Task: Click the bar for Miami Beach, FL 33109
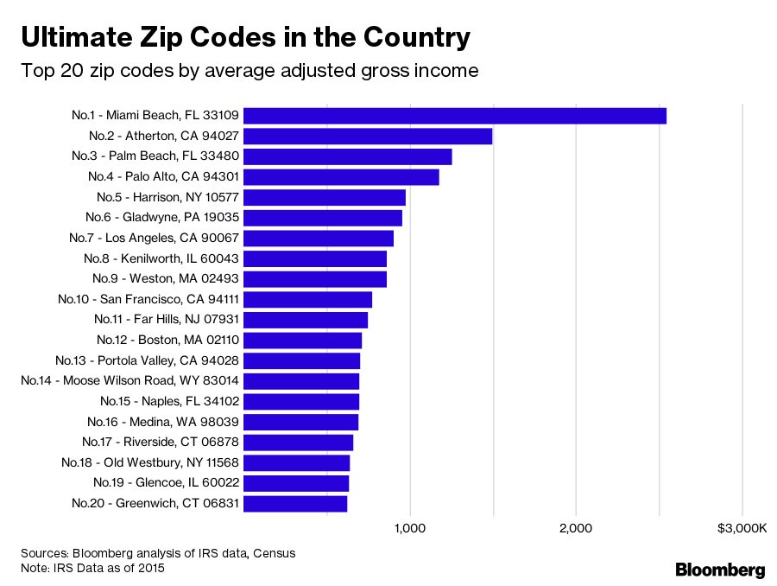click(455, 116)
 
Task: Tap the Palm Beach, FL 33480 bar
click(348, 156)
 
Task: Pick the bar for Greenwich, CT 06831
click(295, 503)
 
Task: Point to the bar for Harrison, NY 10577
click(325, 197)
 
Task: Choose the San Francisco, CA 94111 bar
click(308, 299)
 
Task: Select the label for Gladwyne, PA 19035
click(162, 217)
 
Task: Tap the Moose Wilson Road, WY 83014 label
click(129, 380)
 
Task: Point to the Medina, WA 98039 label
click(163, 422)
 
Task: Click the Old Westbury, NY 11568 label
click(150, 462)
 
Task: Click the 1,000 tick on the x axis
click(410, 528)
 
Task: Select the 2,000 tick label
click(576, 528)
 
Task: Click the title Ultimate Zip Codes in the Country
click(246, 37)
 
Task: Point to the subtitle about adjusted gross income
click(250, 71)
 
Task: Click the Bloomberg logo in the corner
click(720, 570)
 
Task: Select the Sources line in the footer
click(158, 552)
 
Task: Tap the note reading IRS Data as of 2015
click(92, 568)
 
